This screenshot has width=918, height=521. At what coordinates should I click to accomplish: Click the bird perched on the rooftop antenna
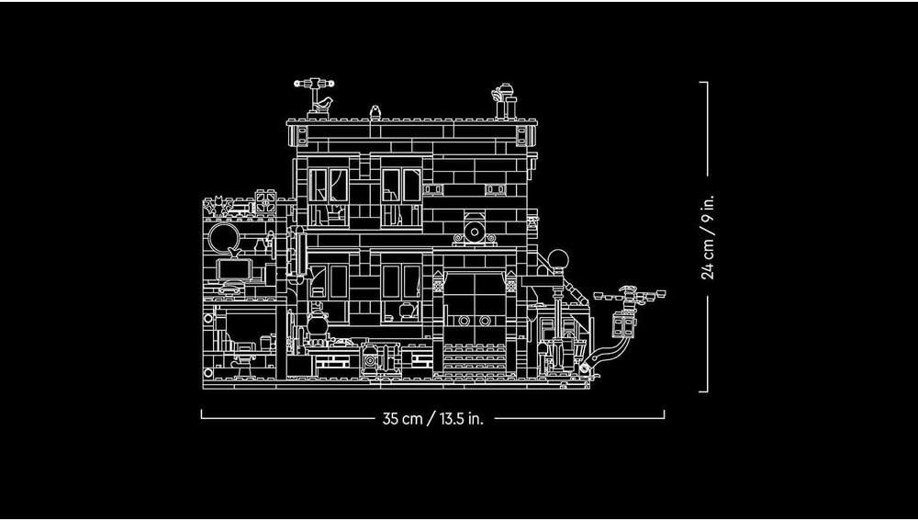pos(324,105)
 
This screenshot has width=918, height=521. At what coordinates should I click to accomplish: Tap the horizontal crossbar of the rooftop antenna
pos(314,84)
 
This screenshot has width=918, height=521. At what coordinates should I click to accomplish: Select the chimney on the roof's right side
pos(505,102)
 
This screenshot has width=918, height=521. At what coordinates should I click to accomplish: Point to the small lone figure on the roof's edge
pos(375,112)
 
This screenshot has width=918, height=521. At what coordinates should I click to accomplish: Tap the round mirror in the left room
pos(224,237)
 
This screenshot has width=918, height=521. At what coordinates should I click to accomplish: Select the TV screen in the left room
pos(233,269)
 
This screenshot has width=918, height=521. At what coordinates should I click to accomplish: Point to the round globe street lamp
pos(558,259)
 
